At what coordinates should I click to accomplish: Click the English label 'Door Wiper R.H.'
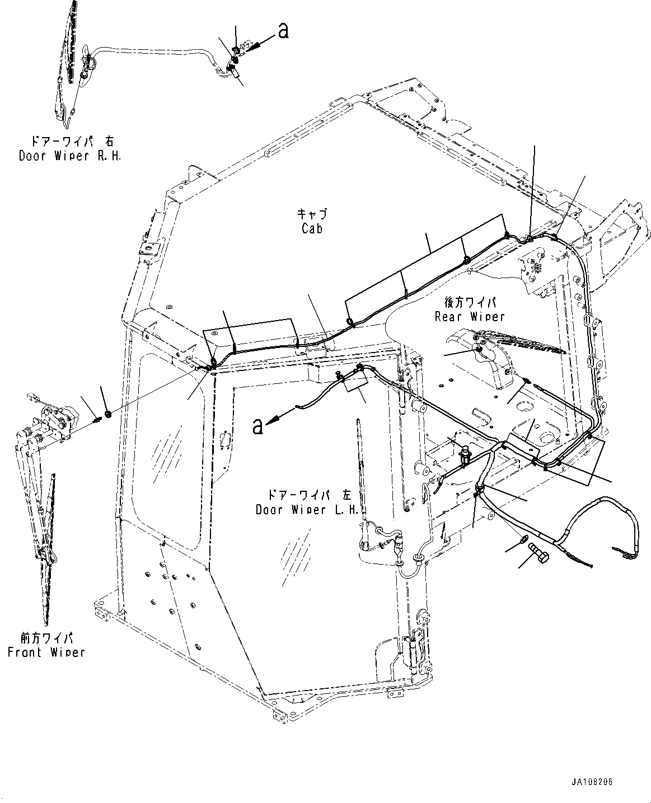(x=69, y=156)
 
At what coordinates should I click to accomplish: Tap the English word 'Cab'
(x=312, y=228)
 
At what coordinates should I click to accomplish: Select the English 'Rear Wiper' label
(x=469, y=316)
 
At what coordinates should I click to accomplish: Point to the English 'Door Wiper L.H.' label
(x=306, y=510)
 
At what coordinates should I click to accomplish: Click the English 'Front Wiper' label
(x=46, y=652)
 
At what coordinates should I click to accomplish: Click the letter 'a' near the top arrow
(x=283, y=31)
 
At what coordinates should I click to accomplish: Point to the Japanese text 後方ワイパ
(x=470, y=302)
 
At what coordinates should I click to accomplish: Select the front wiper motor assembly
(x=53, y=421)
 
